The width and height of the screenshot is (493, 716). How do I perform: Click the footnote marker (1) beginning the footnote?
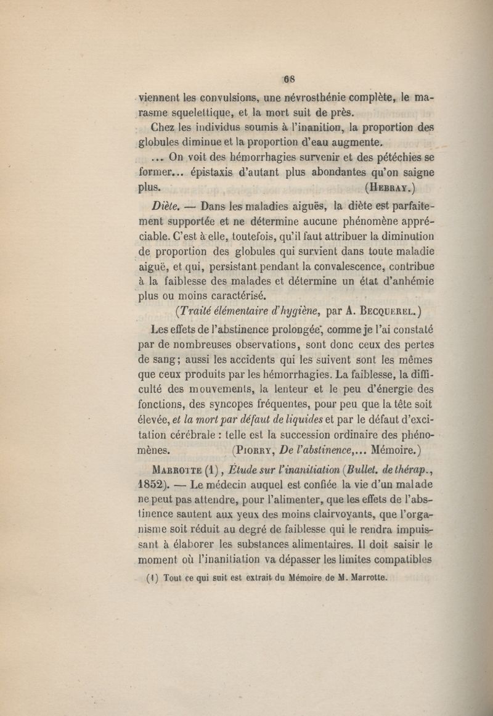(x=153, y=578)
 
